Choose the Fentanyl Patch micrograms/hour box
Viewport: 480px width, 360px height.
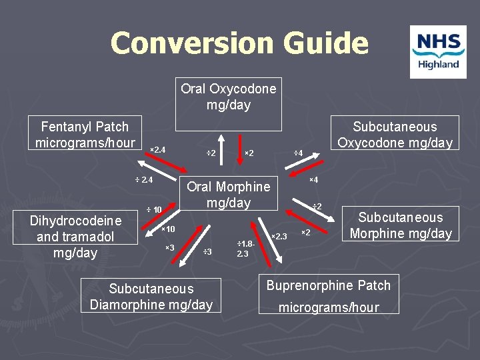coord(85,134)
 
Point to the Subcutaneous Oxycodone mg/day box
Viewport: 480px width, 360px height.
coord(395,134)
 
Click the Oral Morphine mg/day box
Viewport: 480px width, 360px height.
coord(229,194)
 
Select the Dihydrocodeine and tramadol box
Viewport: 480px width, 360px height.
coord(76,236)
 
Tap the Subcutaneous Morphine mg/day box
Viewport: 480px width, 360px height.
coord(401,225)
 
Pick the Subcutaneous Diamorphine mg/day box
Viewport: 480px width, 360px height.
coord(151,297)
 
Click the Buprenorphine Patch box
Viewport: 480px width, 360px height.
coord(329,293)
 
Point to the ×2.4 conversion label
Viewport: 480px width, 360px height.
coord(157,149)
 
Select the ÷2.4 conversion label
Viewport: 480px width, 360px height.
coord(144,179)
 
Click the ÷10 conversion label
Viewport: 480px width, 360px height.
coord(155,210)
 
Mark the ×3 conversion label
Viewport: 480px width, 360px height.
coord(170,248)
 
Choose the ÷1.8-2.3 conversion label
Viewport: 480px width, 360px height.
coord(244,249)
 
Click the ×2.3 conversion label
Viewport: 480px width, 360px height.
coord(279,236)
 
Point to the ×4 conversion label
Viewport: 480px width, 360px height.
coord(313,180)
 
